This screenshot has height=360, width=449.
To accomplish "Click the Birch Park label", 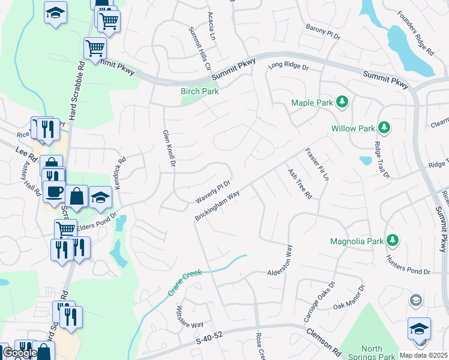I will [x=200, y=92].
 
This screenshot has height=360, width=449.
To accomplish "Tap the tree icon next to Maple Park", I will [x=342, y=103].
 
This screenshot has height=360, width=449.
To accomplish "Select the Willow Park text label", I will [x=353, y=128].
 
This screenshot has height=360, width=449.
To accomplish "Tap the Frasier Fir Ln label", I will [x=317, y=164].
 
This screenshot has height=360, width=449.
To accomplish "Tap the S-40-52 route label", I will [x=209, y=341].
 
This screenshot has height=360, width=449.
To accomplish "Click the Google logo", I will [x=20, y=353].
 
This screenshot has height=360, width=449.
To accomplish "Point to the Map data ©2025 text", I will [x=423, y=355].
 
